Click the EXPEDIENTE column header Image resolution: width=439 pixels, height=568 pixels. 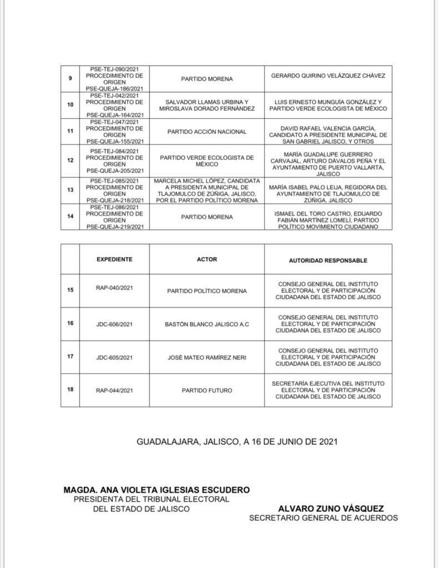tap(114, 259)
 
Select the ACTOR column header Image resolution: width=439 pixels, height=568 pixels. tap(207, 259)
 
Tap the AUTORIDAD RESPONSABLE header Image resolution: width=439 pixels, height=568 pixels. tap(328, 260)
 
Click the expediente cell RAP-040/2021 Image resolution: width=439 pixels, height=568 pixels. tap(114, 288)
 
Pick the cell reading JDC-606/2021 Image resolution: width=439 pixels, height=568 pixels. tap(114, 324)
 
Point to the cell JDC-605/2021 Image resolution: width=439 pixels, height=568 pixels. tap(114, 357)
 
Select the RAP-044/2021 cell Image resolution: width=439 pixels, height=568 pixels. tap(114, 390)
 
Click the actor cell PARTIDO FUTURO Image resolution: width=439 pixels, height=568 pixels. tap(207, 390)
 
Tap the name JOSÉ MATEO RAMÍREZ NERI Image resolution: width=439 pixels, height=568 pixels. tap(207, 357)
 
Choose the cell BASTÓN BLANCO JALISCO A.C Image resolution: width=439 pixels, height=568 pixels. tap(207, 324)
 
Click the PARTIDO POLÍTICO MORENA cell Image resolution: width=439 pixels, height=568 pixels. tap(207, 291)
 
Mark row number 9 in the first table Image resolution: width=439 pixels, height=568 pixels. tap(70, 78)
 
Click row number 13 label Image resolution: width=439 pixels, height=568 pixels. tap(70, 190)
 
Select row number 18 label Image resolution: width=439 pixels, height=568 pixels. tap(70, 389)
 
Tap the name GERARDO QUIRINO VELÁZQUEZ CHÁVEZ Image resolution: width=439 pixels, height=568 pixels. tap(328, 75)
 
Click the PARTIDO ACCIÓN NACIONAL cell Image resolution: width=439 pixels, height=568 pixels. tap(207, 132)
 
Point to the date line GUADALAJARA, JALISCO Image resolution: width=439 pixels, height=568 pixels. tap(237, 442)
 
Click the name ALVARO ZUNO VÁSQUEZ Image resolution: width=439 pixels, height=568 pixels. tap(330, 508)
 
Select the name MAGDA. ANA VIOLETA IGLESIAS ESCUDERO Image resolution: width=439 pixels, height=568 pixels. tap(157, 490)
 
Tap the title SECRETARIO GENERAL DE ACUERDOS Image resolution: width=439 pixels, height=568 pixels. tap(323, 518)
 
